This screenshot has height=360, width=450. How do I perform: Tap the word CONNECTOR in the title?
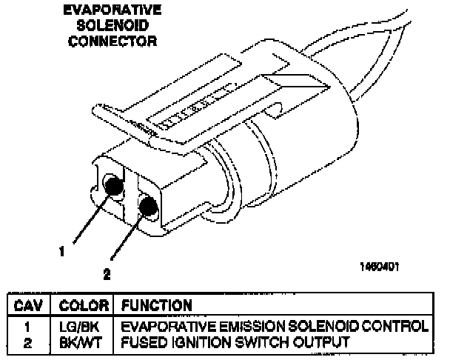click(x=113, y=41)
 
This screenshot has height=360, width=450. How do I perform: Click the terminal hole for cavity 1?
click(x=113, y=185)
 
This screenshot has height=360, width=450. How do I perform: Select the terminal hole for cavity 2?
click(x=148, y=206)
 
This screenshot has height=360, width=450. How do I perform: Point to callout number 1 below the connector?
click(x=63, y=251)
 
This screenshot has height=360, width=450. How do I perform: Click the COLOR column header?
click(x=84, y=305)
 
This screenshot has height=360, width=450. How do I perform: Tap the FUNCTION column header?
click(x=156, y=305)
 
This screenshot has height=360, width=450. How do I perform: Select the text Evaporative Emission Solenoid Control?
click(x=274, y=327)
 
